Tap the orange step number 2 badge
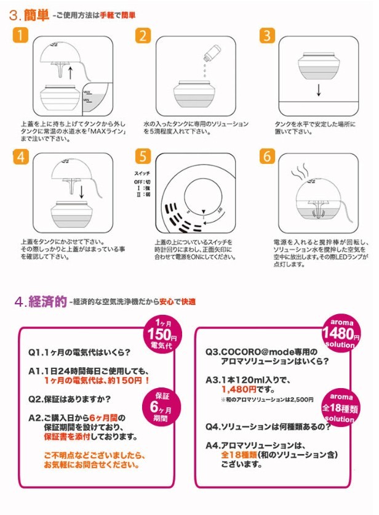(x=143, y=35)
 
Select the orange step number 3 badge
(x=267, y=35)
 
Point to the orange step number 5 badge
(x=143, y=156)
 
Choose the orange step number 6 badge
(x=267, y=156)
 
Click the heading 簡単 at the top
(x=38, y=13)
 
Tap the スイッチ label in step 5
(x=142, y=175)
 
